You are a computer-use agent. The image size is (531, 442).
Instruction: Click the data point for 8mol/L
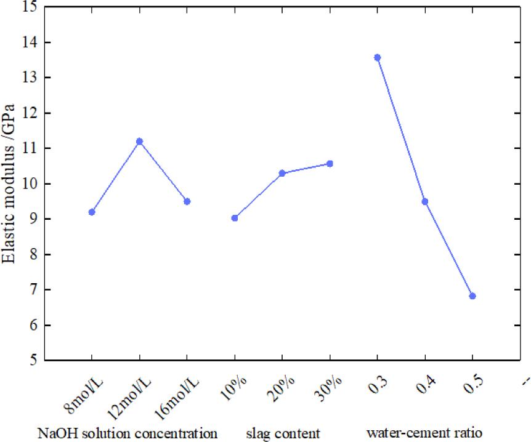92,212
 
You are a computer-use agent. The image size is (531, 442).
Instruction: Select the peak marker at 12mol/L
140,142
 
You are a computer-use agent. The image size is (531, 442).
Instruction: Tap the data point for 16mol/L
187,201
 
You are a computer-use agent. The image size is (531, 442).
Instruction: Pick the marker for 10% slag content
235,218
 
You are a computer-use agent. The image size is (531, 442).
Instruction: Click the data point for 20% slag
282,173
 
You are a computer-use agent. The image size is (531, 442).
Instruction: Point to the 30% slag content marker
330,163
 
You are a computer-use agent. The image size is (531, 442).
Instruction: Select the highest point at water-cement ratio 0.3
378,57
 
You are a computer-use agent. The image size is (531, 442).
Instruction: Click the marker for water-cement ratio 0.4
425,201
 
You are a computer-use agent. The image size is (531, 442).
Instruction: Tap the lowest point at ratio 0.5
472,296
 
